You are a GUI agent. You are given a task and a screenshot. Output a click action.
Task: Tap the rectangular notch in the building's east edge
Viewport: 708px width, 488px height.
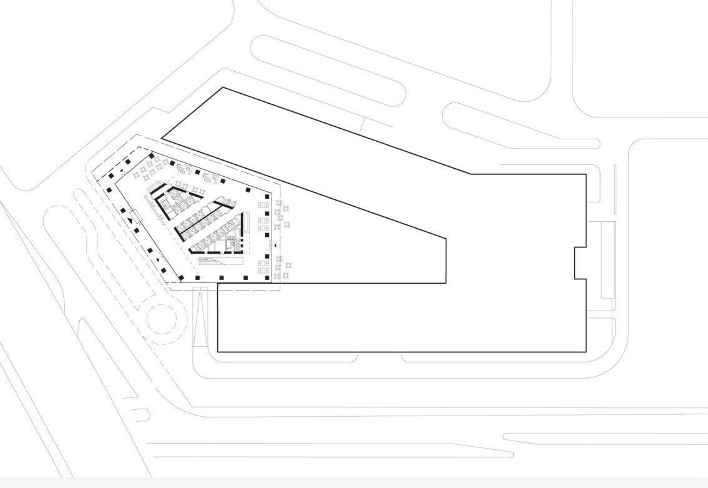[x=580, y=262]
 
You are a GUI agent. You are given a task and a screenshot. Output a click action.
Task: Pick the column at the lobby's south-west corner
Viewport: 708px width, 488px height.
[x=182, y=278]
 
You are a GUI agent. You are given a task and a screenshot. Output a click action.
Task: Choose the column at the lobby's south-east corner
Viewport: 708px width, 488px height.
[x=267, y=278]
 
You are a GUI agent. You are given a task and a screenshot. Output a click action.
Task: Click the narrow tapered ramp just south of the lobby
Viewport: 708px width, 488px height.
[x=199, y=316]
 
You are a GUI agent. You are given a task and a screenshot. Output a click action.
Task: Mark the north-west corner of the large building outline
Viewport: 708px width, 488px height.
[x=223, y=88]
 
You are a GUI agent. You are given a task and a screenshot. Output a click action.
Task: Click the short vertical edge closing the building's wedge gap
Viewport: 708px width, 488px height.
[x=446, y=260]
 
